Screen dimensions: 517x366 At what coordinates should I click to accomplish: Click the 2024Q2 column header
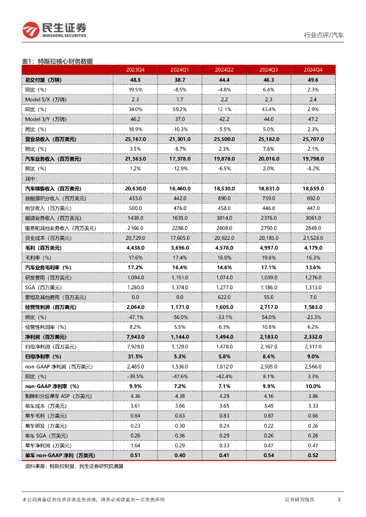224,70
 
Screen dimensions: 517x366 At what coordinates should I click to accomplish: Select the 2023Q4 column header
135,70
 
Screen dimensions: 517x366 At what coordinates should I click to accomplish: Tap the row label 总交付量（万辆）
46,80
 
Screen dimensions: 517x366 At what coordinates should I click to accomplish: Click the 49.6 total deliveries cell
312,80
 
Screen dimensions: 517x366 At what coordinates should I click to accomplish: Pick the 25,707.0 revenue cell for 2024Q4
312,139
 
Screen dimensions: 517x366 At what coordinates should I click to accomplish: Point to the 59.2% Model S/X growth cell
179,109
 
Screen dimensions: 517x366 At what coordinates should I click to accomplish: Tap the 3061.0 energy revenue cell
312,218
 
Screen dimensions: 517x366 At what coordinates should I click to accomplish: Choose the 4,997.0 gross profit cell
268,248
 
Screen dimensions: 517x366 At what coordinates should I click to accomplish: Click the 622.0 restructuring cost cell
224,297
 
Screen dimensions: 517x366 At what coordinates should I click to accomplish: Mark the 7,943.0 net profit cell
135,336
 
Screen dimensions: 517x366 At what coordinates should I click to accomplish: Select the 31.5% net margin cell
135,356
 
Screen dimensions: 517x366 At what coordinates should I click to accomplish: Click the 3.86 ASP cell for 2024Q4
312,396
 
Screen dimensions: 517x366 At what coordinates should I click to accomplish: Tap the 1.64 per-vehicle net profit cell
135,445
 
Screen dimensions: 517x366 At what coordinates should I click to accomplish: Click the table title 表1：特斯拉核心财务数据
57,61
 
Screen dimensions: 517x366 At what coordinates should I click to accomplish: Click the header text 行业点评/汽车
324,35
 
